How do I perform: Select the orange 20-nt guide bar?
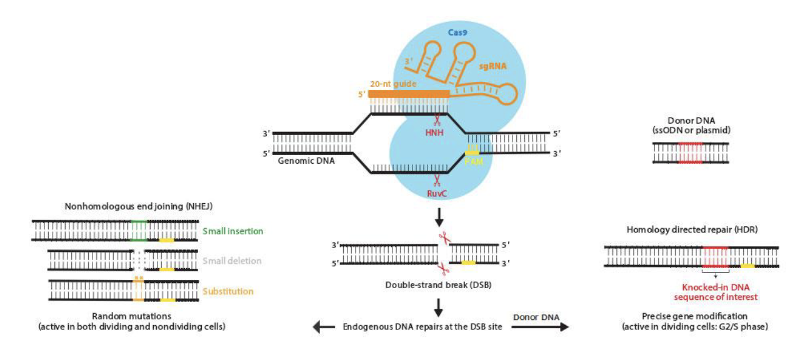(409, 94)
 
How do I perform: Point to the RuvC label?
(438, 194)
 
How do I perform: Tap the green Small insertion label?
(232, 231)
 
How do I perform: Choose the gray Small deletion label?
(231, 261)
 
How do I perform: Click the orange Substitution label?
(228, 291)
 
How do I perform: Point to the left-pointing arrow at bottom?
(322, 327)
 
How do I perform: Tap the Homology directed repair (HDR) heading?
(692, 229)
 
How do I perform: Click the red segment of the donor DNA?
(690, 152)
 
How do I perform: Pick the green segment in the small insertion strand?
(139, 231)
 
